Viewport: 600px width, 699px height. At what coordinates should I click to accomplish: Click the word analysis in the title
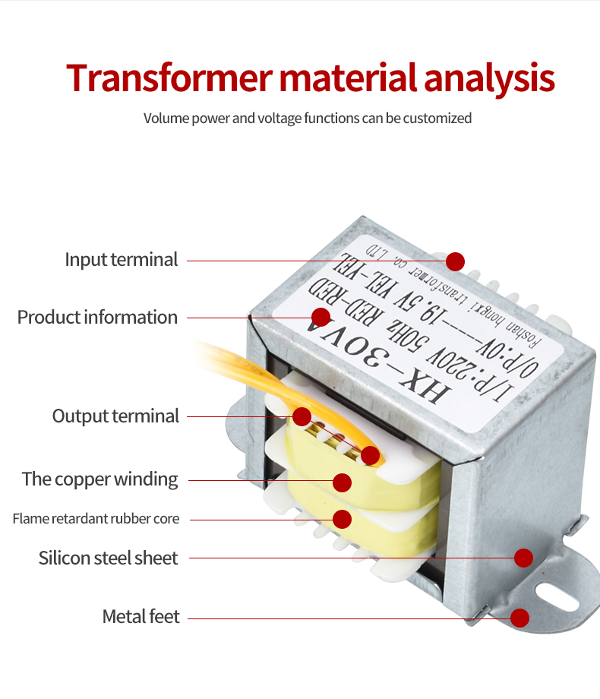point(488,79)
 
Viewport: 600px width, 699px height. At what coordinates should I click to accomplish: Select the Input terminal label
point(121,260)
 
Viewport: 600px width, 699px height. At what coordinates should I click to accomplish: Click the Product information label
point(97,317)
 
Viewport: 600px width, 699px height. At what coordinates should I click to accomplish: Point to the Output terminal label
point(115,416)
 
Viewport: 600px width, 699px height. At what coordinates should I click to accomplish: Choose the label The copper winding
point(99,479)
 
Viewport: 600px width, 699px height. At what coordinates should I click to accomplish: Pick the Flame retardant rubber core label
point(96,519)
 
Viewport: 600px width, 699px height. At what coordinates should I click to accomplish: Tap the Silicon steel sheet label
point(108,558)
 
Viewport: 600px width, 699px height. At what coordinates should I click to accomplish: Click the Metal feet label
point(141,617)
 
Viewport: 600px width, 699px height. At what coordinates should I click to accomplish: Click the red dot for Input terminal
point(455,261)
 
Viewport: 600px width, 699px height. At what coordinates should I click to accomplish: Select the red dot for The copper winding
point(342,482)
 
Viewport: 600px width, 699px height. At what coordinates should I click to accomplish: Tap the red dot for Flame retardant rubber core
point(342,519)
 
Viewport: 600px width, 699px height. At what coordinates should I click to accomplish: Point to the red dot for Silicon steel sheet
point(523,558)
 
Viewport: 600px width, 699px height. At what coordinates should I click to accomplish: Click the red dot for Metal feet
point(519,618)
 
